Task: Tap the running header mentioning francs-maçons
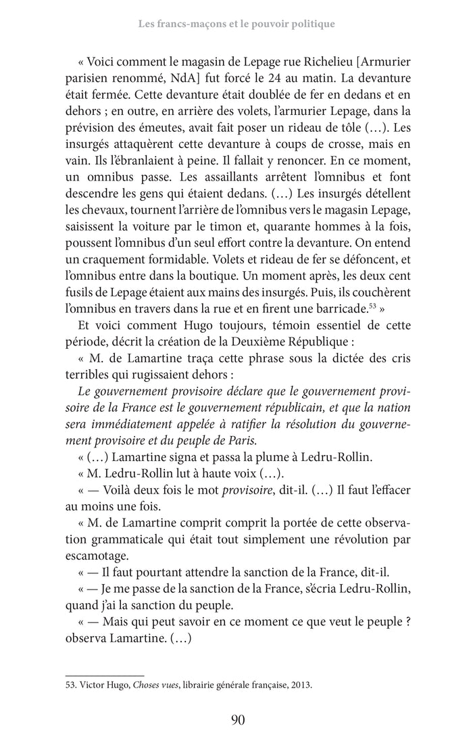[236, 24]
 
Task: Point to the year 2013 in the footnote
[301, 683]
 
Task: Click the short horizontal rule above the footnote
[104, 674]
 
